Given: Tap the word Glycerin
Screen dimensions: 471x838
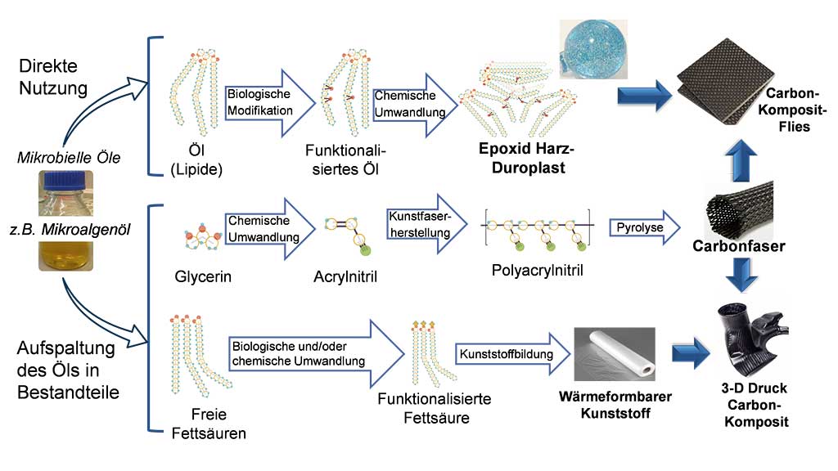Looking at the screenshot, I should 204,276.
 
